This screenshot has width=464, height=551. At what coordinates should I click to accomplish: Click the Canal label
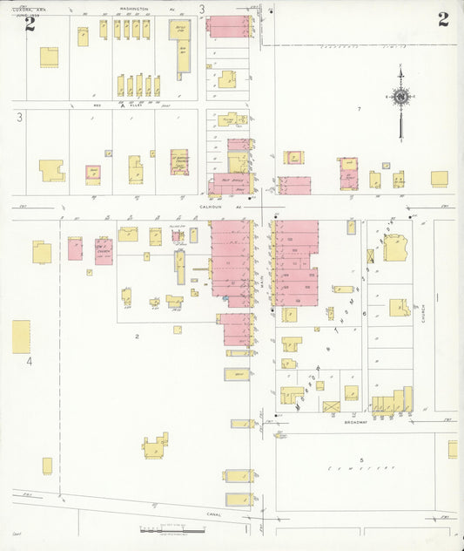pos(213,514)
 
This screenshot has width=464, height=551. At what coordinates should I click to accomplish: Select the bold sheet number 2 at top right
pos(443,19)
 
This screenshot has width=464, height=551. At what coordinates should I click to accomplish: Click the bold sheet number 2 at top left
pos(30,24)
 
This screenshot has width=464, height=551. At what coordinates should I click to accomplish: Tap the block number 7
pos(358,108)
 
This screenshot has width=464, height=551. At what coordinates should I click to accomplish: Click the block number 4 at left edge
pos(28,360)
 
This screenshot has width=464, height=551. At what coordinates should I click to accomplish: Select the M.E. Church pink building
pos(104,251)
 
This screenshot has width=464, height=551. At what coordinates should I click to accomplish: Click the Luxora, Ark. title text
pos(27,9)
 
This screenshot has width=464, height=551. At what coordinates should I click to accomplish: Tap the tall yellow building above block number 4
pos(21,337)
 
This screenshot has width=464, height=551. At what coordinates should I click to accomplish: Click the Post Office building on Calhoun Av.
pos(230,184)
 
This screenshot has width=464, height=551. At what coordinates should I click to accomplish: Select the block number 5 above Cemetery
pos(360,459)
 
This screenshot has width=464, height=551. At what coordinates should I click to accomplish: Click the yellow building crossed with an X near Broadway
pos(331,406)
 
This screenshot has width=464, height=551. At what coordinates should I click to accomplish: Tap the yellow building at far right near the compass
pos(439,178)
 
